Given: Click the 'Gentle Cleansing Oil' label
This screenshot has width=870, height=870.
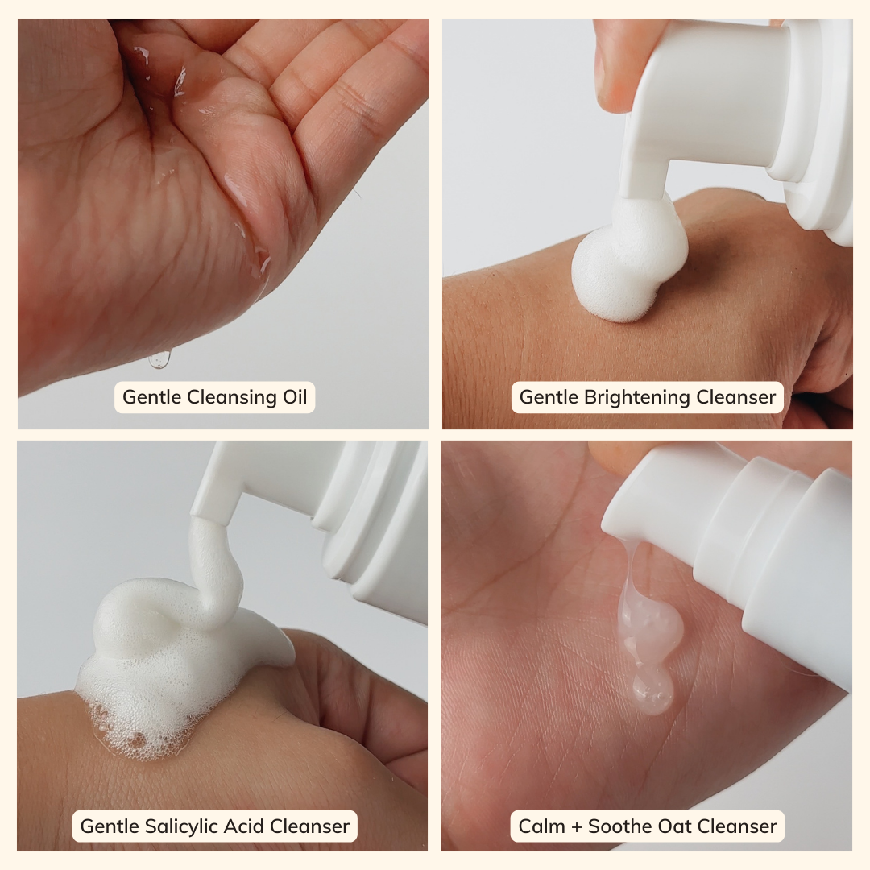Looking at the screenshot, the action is click(215, 397).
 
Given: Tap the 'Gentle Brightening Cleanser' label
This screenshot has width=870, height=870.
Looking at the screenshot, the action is click(648, 397).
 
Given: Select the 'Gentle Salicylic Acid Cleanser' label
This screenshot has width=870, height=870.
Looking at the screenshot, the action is click(215, 826).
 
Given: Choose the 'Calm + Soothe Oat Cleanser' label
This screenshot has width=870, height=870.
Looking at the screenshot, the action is click(648, 826).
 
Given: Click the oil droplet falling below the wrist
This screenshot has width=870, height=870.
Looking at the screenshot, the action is click(159, 359).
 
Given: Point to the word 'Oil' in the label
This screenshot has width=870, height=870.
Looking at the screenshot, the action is click(295, 397).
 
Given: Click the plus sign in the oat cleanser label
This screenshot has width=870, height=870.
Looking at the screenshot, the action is click(577, 827).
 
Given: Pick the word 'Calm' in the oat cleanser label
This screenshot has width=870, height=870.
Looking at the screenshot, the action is click(541, 826).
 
